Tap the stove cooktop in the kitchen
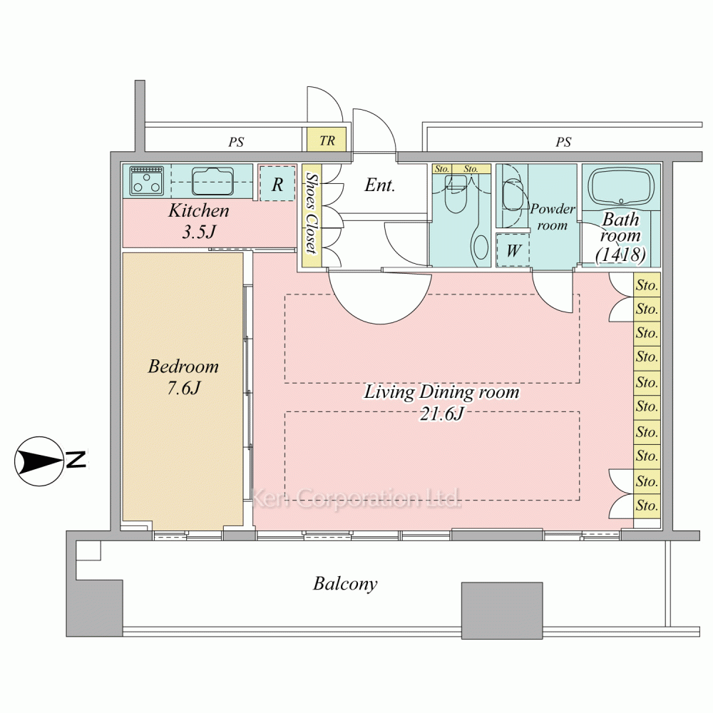[146, 180]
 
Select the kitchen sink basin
[212, 181]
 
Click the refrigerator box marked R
[277, 183]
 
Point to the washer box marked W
[513, 250]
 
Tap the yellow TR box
[327, 140]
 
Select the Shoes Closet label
[312, 212]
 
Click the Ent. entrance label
[380, 185]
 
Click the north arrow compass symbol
[39, 461]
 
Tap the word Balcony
[345, 583]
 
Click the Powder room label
[553, 217]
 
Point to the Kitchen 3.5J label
[199, 221]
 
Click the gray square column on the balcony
[502, 611]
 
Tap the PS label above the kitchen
[236, 142]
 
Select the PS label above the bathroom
[563, 142]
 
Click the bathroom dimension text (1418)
[621, 255]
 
